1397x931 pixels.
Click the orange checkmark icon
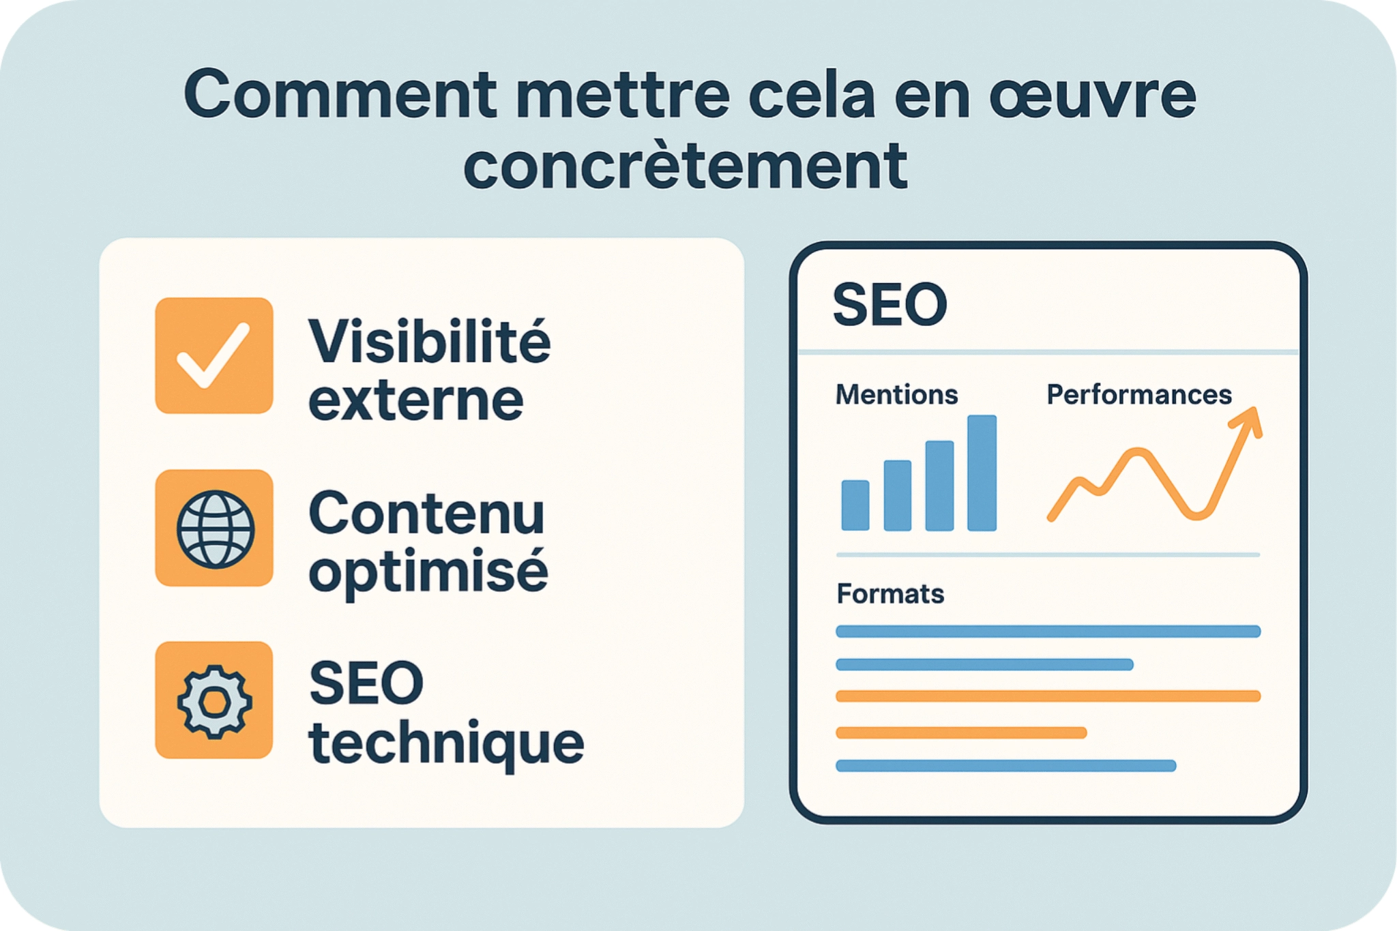(214, 355)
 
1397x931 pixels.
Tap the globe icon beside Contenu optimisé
(215, 529)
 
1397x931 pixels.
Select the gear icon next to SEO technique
(214, 700)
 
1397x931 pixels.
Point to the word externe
(416, 401)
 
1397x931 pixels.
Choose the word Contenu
(426, 514)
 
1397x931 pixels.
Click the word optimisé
(428, 572)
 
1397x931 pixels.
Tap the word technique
(446, 743)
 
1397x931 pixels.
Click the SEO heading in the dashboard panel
(889, 305)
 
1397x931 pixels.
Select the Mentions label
(896, 395)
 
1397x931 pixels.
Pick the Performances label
(1138, 395)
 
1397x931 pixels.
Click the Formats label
(890, 594)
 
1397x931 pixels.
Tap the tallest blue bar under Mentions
(982, 473)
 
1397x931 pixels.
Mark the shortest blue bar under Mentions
(855, 505)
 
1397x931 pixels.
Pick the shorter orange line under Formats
(960, 733)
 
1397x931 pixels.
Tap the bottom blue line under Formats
(1005, 766)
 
